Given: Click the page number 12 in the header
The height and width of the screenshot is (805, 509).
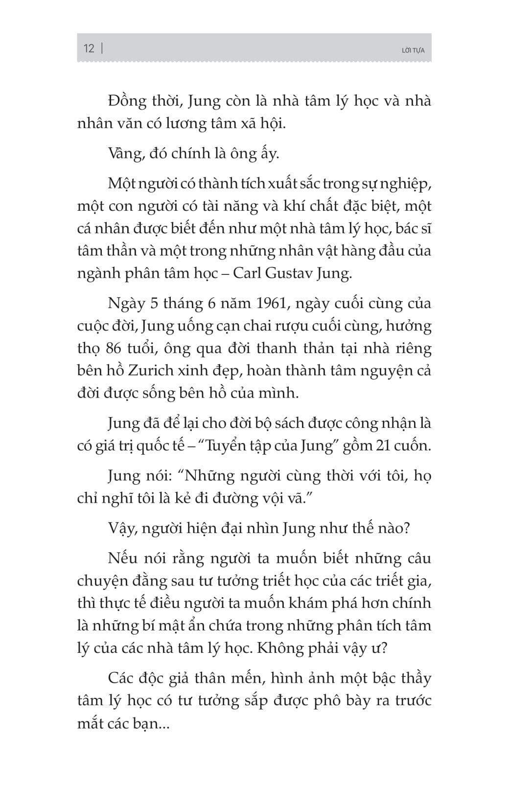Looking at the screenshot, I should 89,48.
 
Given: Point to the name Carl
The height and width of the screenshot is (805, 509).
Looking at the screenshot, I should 247,273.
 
